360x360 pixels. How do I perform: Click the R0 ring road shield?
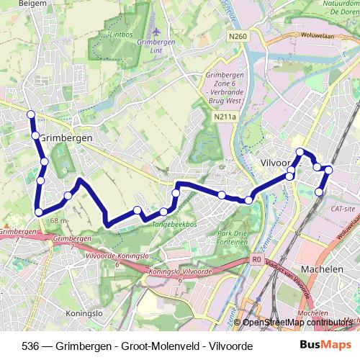click(x=256, y=260)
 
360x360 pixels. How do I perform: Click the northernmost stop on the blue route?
click(x=31, y=114)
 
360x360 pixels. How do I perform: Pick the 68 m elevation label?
click(x=59, y=221)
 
